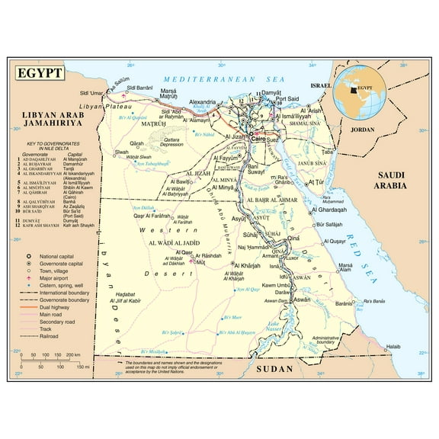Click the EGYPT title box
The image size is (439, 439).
coord(39,76)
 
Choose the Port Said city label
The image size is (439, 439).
coord(288,99)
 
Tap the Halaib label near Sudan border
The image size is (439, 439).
coord(393,347)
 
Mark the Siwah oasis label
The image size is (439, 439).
coord(122,152)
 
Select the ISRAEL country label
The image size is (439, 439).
coord(322,86)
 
